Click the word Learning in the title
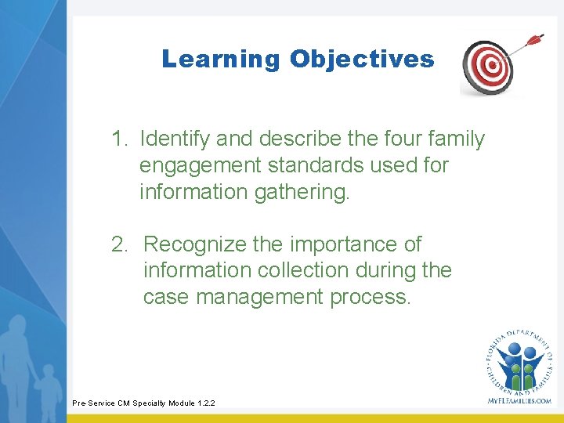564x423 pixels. click(x=220, y=60)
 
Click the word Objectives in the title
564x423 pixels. click(x=361, y=60)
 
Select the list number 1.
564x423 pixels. click(x=119, y=139)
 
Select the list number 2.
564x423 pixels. click(x=119, y=244)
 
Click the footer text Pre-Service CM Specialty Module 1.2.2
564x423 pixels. click(x=143, y=403)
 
